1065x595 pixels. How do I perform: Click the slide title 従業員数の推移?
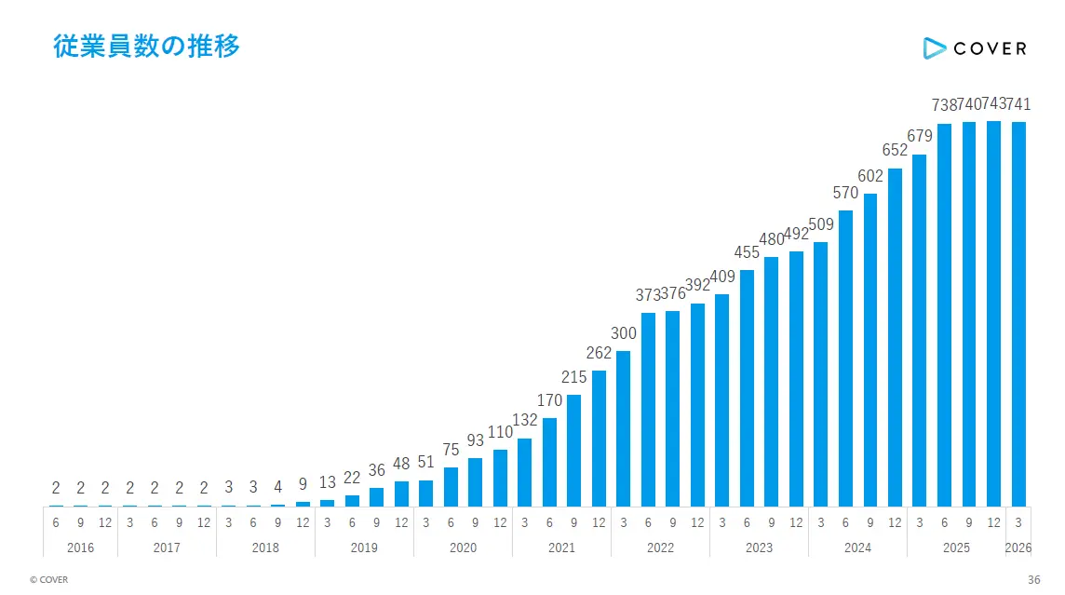[x=147, y=47]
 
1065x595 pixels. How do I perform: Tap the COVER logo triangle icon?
[x=934, y=48]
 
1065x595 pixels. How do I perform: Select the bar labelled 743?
[x=993, y=314]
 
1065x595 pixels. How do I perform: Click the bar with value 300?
[x=623, y=428]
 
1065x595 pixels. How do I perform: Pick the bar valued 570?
[x=845, y=358]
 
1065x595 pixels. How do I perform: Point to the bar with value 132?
[x=524, y=473]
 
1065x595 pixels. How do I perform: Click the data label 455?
[x=747, y=252]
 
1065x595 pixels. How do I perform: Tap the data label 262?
[x=599, y=353]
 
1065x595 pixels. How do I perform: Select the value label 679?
[x=920, y=136]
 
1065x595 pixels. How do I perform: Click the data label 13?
[x=328, y=482]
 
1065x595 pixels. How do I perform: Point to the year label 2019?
[x=364, y=548]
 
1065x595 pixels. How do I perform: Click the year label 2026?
[x=1018, y=548]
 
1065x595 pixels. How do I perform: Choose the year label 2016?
[x=80, y=548]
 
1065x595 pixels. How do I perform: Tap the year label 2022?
[x=660, y=548]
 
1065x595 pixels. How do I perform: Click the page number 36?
[x=1033, y=579]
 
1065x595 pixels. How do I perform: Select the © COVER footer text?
[x=49, y=579]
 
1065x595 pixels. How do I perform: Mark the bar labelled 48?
[x=401, y=494]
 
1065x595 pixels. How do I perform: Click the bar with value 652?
[x=895, y=338]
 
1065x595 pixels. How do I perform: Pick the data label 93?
[x=476, y=440]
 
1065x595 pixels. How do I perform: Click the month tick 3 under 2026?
[x=1018, y=523]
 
